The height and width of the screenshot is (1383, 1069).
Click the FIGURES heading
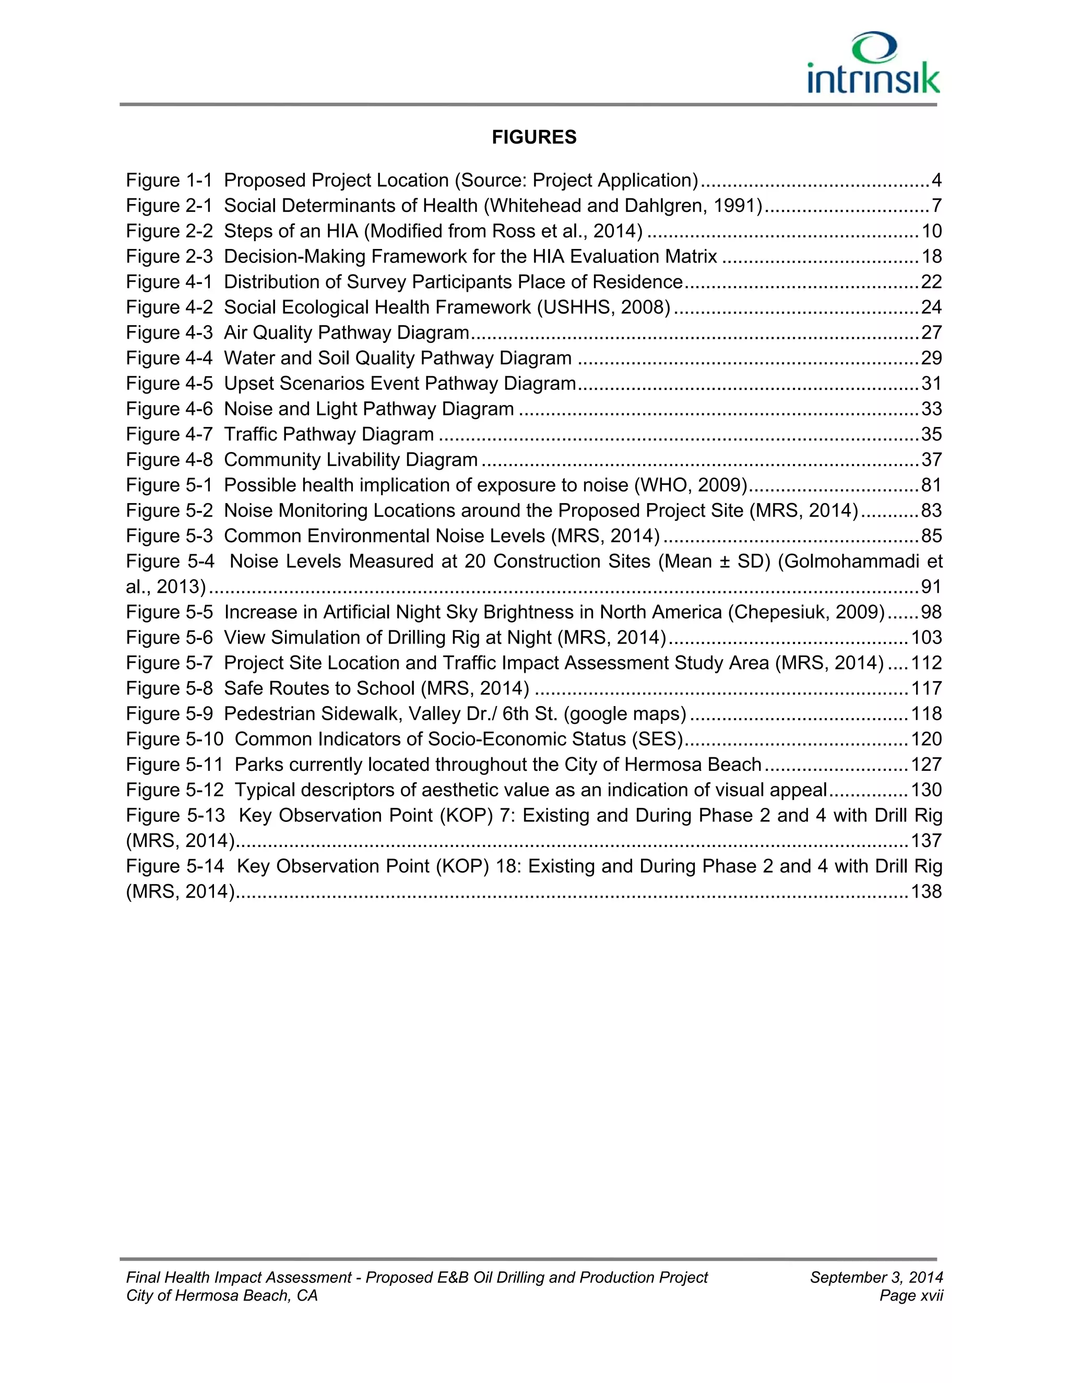534,137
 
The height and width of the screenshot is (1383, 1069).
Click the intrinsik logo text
873,78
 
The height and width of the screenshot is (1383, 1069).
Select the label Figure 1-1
169,181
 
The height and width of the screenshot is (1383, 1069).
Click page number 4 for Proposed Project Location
936,181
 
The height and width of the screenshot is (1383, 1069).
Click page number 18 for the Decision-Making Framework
932,256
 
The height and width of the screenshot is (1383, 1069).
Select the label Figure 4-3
169,332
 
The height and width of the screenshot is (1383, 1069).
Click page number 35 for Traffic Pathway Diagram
932,434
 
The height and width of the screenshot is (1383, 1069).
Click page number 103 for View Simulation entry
927,638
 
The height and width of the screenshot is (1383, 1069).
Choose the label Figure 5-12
175,790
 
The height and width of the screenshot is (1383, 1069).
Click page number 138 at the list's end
927,891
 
